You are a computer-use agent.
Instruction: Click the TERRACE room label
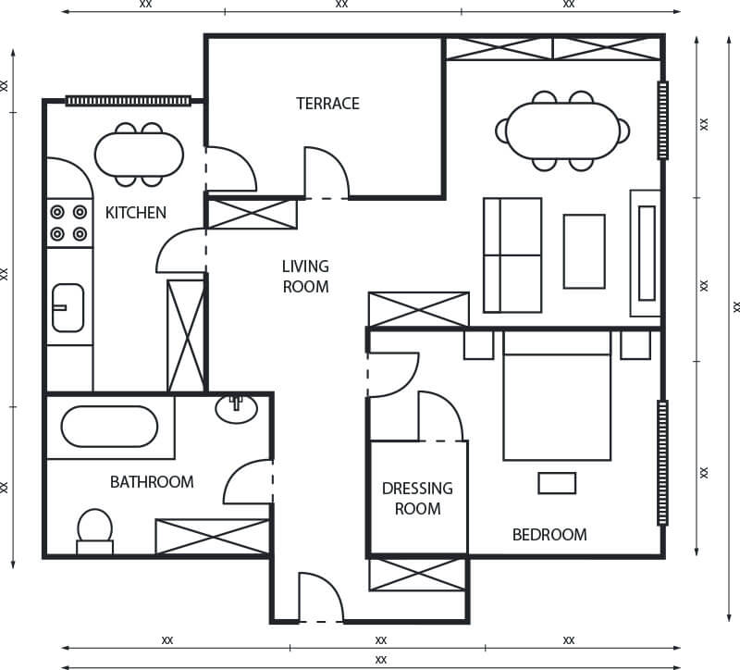pos(327,104)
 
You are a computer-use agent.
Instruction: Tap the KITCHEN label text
pos(136,213)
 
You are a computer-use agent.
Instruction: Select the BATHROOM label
pos(152,482)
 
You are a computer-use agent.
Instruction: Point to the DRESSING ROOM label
pos(417,498)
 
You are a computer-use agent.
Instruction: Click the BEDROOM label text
pos(549,535)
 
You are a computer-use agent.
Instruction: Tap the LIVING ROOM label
pos(305,277)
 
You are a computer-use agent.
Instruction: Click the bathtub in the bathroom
pos(109,427)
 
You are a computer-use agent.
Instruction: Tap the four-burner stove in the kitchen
pos(69,223)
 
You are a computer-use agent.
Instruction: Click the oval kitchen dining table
pos(140,154)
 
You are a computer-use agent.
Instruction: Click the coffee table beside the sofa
pos(584,251)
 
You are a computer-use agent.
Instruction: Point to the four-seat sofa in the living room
pos(512,254)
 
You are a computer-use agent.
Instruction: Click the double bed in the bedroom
pos(556,396)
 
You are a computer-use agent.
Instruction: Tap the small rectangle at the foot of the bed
pos(557,483)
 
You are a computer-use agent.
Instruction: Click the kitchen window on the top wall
pos(128,101)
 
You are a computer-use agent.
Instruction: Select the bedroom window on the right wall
pos(662,463)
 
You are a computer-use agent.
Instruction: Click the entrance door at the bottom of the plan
pos(320,600)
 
